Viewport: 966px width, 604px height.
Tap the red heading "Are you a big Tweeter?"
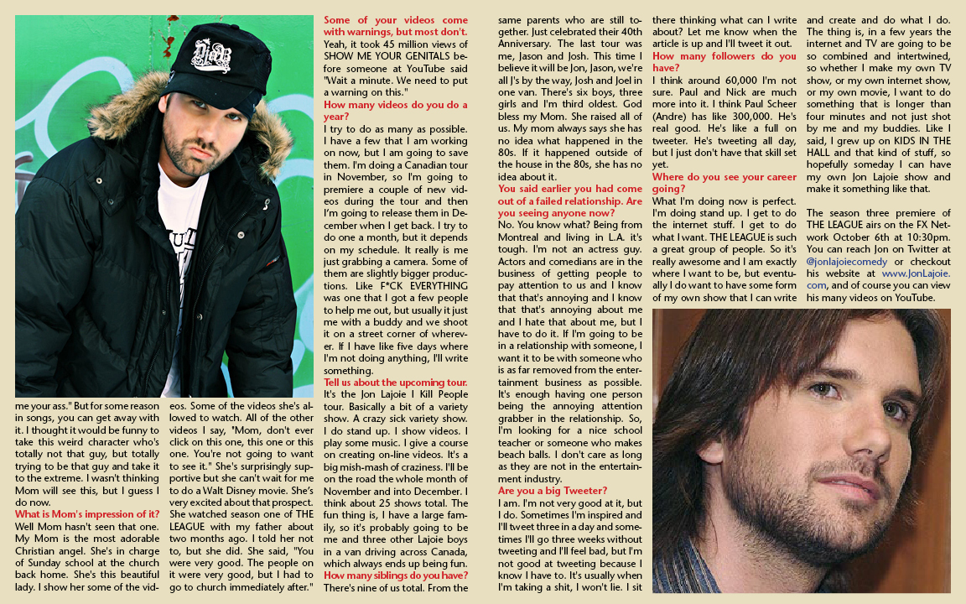[553, 491]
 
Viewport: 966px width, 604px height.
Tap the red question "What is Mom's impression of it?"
[87, 514]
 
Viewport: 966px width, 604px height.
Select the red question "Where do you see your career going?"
[724, 183]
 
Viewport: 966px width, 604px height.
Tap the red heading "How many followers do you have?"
[724, 62]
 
